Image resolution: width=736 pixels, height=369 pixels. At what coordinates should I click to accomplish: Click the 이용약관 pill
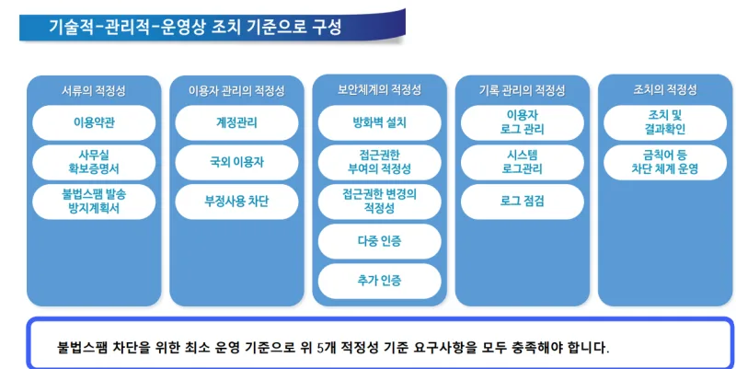[94, 123]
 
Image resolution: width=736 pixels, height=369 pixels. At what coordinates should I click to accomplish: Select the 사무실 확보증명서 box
[94, 163]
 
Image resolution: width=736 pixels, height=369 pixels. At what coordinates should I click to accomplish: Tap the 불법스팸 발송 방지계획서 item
[94, 202]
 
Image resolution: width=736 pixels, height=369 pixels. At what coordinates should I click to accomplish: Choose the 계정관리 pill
[236, 123]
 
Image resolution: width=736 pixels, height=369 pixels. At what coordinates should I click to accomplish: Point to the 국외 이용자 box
[236, 163]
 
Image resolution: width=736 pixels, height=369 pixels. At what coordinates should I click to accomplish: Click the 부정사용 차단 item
[236, 202]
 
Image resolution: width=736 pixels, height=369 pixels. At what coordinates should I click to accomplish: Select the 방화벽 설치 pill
[379, 123]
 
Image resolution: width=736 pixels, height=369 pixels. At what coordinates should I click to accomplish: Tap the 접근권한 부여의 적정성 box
[379, 163]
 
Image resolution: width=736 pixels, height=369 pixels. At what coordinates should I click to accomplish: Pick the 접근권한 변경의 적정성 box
[379, 202]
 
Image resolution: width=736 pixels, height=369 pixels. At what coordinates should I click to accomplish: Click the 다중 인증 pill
[379, 241]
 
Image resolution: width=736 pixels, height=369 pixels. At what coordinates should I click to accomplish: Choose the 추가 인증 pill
[379, 281]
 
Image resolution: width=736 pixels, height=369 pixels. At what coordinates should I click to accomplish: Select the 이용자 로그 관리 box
[523, 123]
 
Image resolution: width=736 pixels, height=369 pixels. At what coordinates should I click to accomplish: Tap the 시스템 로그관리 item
[523, 163]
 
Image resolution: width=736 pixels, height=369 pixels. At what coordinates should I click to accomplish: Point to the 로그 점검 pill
[523, 202]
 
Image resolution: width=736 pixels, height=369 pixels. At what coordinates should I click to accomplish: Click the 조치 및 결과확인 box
[665, 123]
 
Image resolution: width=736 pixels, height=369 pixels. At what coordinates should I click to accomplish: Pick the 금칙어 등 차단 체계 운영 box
[665, 163]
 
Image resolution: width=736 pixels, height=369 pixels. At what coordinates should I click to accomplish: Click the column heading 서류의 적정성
[94, 90]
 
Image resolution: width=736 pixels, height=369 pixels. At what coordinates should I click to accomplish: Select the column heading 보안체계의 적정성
[379, 89]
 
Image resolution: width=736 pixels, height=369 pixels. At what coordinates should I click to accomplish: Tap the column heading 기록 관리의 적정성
[522, 90]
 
